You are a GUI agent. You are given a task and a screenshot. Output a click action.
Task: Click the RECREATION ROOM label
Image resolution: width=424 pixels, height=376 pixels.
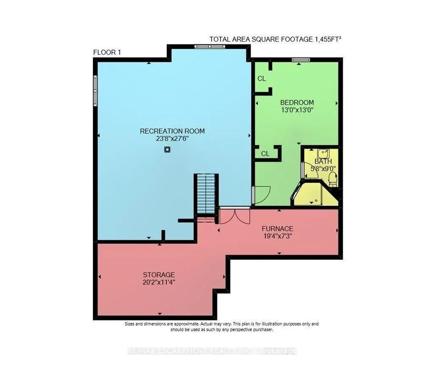172,131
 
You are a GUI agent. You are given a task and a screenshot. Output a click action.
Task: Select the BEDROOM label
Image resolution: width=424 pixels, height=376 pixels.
297,103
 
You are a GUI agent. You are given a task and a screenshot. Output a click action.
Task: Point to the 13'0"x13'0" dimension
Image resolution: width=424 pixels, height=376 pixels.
297,110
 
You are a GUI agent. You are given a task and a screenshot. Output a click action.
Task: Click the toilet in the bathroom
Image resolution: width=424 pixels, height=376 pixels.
333,180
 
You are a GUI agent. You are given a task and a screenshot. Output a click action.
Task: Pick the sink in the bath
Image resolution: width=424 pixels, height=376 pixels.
323,154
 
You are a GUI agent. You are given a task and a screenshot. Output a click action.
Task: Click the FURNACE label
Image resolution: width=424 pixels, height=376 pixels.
277,229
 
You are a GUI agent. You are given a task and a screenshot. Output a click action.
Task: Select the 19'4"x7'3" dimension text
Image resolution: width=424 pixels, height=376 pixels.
278,236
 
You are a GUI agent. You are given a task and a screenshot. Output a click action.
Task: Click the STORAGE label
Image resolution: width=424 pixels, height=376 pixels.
159,275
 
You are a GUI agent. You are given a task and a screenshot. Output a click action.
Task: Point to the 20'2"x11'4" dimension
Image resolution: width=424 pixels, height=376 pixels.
159,282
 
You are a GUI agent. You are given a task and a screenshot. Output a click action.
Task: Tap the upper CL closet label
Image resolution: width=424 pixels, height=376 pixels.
262,79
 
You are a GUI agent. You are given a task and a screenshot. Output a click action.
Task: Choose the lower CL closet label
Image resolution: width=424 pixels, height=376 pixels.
265,154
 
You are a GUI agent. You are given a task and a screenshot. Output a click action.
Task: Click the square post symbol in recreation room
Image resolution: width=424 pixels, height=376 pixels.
167,149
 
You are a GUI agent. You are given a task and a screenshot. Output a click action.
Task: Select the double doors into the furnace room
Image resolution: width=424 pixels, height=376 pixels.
235,216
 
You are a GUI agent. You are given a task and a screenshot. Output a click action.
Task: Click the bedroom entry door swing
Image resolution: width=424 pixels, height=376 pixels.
261,195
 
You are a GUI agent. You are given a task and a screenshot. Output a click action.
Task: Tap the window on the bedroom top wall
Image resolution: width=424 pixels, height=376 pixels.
301,59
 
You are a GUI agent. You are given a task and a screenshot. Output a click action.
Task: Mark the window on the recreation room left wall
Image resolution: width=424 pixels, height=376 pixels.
95,91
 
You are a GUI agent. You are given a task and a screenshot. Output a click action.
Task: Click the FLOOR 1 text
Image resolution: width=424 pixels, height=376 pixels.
107,53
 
